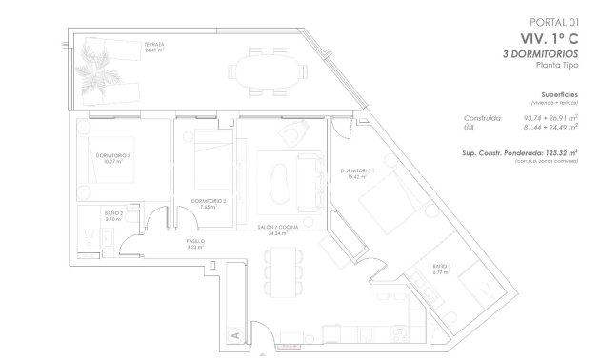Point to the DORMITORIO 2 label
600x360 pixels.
point(208,203)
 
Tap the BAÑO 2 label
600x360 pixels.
point(113,216)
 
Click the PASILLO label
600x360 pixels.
point(196,244)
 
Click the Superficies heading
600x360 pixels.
point(560,96)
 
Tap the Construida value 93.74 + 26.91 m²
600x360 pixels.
point(551,117)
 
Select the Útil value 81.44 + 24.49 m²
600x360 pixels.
point(551,128)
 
